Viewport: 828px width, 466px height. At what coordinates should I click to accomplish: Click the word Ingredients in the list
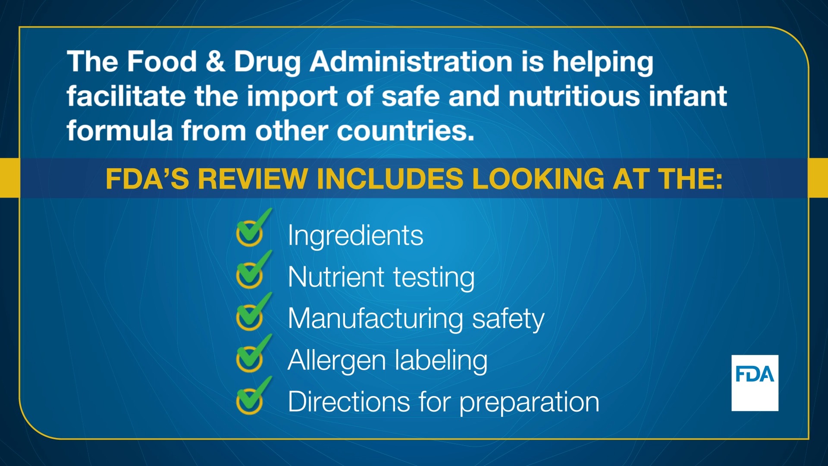click(355, 236)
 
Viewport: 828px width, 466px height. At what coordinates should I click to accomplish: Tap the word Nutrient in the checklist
click(336, 277)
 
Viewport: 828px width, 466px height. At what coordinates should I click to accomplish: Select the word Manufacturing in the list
click(375, 319)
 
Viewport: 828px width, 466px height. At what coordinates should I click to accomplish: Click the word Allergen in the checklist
click(336, 360)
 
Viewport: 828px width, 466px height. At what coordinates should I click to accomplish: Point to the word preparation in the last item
click(529, 402)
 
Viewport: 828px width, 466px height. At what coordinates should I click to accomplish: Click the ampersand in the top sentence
click(215, 61)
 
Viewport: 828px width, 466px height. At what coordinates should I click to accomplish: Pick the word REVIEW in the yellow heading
click(253, 179)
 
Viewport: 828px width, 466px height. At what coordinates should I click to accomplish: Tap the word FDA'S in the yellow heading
click(147, 179)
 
